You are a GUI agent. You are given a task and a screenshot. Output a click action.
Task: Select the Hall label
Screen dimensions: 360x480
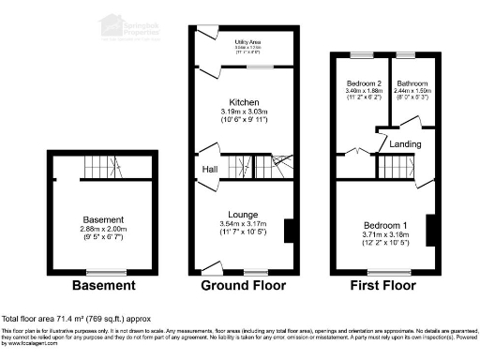(x=210, y=170)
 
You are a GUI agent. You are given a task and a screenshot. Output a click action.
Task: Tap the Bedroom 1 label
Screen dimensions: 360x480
(x=385, y=225)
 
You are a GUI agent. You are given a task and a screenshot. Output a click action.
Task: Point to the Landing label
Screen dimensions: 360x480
(x=405, y=144)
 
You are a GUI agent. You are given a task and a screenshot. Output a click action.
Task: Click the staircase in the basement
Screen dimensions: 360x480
(x=100, y=168)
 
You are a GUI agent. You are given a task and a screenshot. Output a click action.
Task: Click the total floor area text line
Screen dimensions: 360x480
(x=74, y=319)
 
